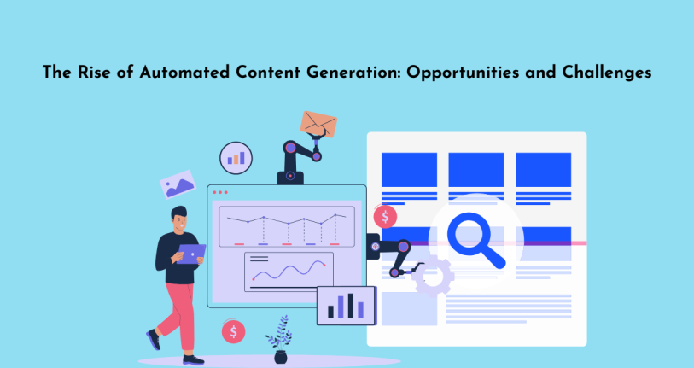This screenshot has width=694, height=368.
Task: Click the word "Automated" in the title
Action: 184,72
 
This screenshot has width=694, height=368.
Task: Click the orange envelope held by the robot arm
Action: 318,124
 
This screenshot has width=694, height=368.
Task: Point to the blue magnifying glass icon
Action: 475,239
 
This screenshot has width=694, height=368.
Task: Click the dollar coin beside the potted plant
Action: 233,331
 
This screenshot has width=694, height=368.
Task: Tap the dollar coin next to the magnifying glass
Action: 385,217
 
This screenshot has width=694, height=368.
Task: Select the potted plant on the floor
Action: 280,340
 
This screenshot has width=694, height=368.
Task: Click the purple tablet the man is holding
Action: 190,254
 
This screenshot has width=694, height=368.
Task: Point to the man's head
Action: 178,219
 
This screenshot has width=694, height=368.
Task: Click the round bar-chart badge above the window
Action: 236,158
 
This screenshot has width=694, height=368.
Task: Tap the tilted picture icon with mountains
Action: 178,184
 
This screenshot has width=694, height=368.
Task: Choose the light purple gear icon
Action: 433,277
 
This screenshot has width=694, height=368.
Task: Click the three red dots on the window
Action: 220,192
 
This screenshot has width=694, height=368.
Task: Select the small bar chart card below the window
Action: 346,306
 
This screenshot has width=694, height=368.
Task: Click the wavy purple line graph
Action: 289,270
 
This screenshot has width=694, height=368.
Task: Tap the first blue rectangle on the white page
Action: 409,170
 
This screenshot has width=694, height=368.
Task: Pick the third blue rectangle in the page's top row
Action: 543,170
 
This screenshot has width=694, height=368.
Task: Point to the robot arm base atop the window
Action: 290,178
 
